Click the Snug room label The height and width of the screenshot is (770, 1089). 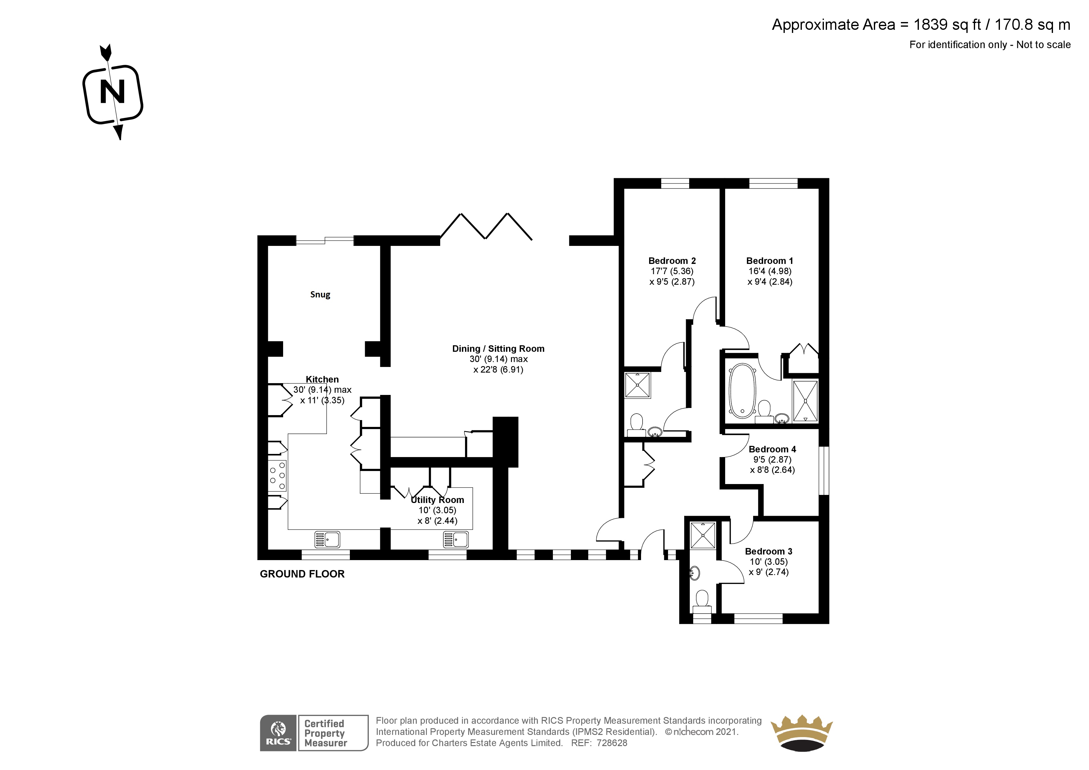point(320,295)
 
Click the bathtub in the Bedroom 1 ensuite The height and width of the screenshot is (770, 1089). point(742,391)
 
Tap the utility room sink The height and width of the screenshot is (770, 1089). point(456,539)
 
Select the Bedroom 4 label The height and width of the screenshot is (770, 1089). point(772,449)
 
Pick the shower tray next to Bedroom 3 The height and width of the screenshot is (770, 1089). point(703,536)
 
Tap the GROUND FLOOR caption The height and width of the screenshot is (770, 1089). point(302,574)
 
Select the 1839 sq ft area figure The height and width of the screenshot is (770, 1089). point(947,25)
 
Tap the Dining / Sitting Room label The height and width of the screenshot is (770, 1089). point(498,349)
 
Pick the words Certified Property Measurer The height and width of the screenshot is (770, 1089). point(325,733)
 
